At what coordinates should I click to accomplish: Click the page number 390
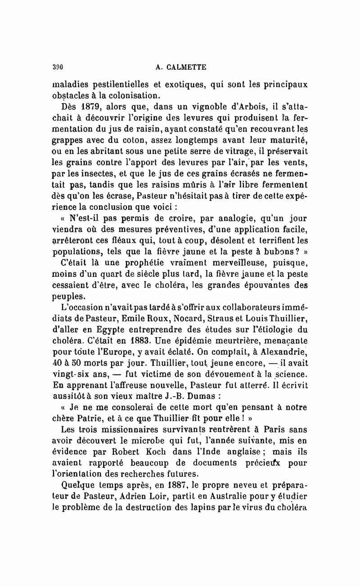point(56,67)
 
